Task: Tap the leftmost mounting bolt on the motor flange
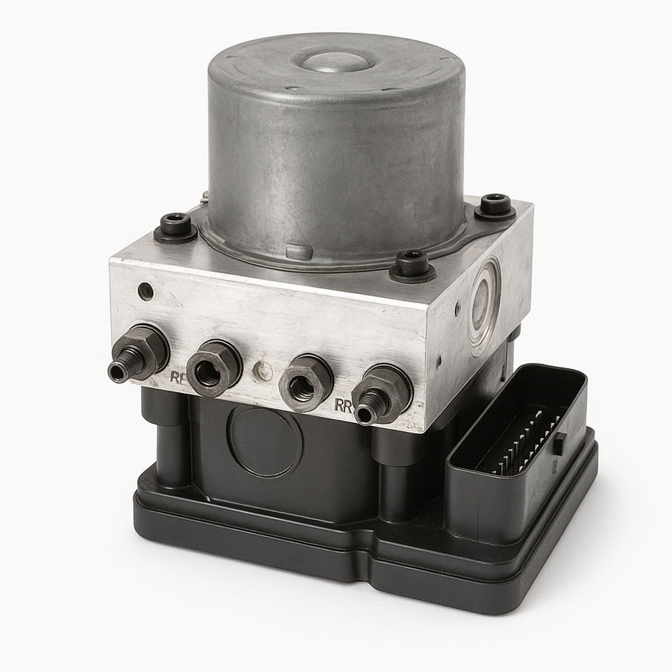(176, 226)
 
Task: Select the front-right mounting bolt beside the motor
(412, 264)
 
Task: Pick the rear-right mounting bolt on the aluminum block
(495, 205)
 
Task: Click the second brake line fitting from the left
(213, 367)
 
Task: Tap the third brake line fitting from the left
(305, 382)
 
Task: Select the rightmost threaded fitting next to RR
(381, 395)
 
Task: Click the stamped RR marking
(343, 405)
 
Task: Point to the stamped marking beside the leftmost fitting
(177, 377)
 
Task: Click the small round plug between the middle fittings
(262, 371)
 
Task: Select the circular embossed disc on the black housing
(264, 440)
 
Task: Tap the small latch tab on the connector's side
(559, 444)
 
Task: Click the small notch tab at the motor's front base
(299, 252)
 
